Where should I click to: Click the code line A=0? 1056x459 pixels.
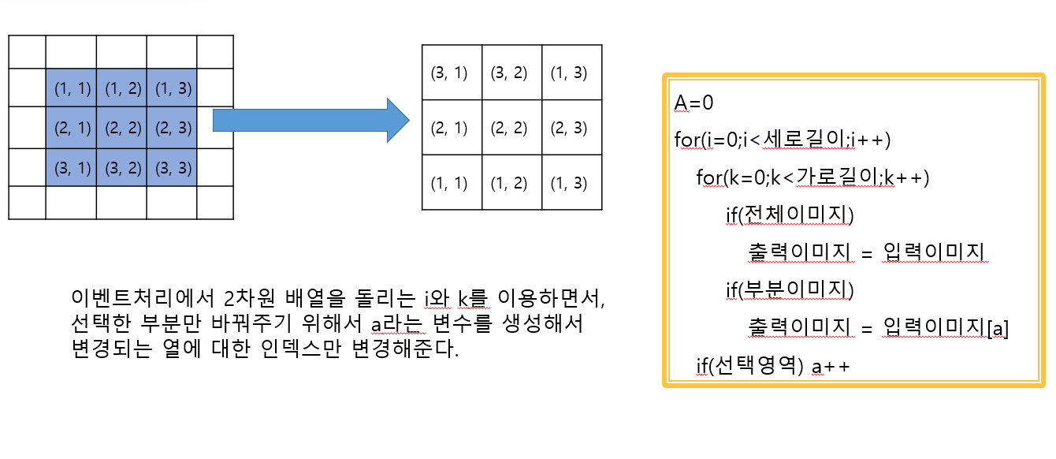694,103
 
